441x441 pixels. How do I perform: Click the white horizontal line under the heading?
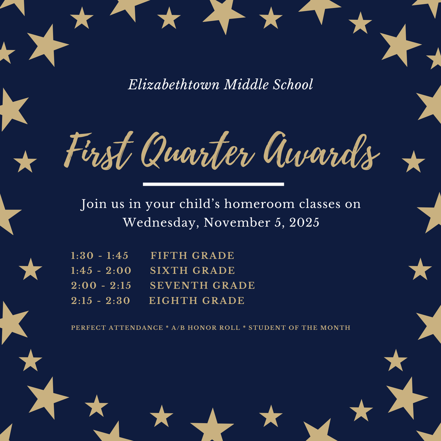point(213,184)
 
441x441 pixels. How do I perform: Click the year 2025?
point(304,223)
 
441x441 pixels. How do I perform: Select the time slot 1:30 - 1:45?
point(99,255)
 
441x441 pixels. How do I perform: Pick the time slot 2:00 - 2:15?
point(101,285)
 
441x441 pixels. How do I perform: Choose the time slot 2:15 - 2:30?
point(100,300)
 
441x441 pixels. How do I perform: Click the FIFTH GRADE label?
point(193,255)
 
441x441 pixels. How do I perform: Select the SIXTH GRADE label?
point(193,270)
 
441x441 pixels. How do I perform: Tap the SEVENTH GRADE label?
point(202,285)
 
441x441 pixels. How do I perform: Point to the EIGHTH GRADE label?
point(197,300)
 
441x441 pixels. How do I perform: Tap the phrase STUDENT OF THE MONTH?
point(299,328)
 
